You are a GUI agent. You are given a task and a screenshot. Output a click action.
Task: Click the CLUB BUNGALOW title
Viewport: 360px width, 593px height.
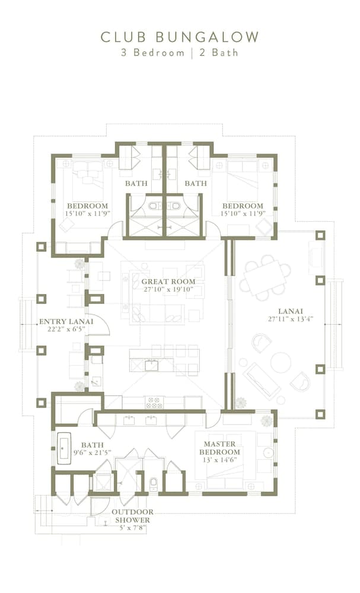click(x=180, y=37)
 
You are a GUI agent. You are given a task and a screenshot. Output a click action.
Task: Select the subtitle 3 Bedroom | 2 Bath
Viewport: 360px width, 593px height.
click(x=180, y=52)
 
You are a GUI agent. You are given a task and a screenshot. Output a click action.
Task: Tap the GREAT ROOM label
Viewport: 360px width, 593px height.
click(x=165, y=282)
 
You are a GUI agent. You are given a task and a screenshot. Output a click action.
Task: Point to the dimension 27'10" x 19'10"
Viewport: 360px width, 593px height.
click(x=165, y=290)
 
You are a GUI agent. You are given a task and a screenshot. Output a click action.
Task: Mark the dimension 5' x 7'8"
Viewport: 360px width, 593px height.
click(x=132, y=527)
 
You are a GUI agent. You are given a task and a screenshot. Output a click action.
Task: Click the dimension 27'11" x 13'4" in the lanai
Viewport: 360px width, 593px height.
click(x=291, y=318)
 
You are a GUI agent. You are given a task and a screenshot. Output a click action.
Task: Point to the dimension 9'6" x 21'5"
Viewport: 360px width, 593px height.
click(x=92, y=453)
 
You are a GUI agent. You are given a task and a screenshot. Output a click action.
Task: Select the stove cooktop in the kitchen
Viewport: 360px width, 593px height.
click(x=154, y=402)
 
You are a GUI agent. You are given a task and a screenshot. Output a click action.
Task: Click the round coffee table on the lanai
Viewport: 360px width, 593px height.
click(x=281, y=362)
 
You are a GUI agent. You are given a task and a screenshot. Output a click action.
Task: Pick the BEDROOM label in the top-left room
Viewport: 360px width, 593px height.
click(x=87, y=206)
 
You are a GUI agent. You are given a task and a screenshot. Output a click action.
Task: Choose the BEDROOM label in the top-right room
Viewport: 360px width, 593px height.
click(x=243, y=206)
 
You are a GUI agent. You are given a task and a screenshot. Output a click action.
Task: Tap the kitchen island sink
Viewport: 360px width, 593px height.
click(x=151, y=365)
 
